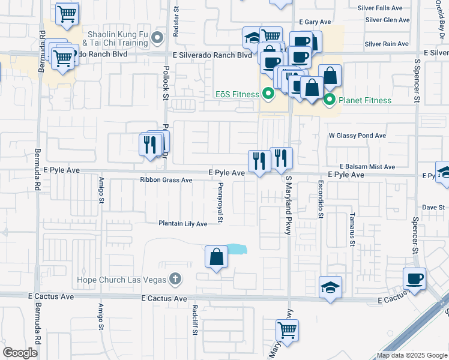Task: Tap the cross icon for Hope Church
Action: click(175, 278)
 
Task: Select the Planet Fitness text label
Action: click(365, 100)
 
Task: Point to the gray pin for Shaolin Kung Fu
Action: click(157, 38)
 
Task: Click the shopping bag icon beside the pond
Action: click(216, 257)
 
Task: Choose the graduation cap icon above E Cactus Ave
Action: click(330, 287)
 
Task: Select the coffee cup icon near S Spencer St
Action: click(415, 279)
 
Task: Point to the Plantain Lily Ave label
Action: click(182, 224)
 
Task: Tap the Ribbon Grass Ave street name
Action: click(166, 180)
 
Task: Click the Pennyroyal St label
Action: click(220, 203)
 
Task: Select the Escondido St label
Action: click(321, 199)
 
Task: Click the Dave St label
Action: click(432, 208)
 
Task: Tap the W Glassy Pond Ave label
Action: click(357, 136)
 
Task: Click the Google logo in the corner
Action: click(20, 353)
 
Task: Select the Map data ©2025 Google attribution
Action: click(411, 355)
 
